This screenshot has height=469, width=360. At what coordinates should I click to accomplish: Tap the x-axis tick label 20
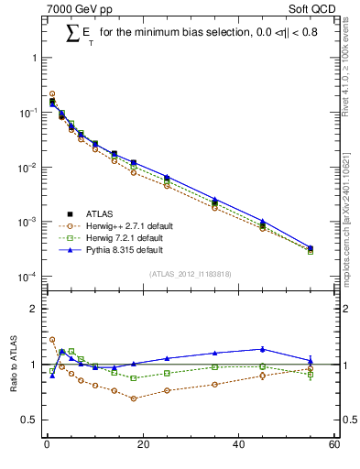tap(142, 446)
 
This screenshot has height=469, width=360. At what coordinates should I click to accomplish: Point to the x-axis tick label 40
tap(238, 446)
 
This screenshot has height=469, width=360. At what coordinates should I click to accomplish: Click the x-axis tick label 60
tap(334, 446)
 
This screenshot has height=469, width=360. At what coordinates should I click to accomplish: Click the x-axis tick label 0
tap(47, 446)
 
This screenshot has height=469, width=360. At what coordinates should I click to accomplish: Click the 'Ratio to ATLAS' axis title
tap(12, 364)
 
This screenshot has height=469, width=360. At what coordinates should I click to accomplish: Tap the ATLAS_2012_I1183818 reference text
tap(189, 274)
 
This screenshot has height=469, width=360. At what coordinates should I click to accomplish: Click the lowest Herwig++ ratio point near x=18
tap(133, 398)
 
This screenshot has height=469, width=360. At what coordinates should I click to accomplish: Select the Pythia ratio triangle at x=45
tap(263, 348)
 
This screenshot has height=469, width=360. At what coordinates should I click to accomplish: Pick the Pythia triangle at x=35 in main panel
tap(214, 199)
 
